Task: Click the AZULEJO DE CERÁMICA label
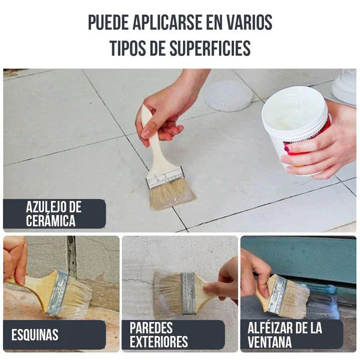point(54,214)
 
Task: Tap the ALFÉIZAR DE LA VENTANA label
point(285,335)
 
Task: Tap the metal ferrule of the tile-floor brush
point(164,178)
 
